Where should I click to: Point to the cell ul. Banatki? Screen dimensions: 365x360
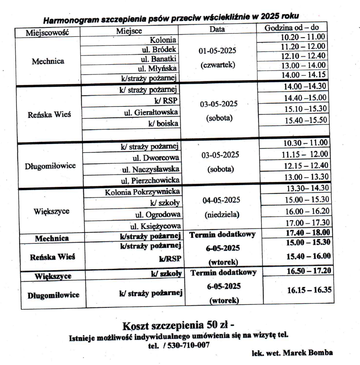[x=160, y=59]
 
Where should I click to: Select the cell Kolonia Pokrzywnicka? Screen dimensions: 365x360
[x=142, y=192]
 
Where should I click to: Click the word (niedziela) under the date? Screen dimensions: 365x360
[x=221, y=215]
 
